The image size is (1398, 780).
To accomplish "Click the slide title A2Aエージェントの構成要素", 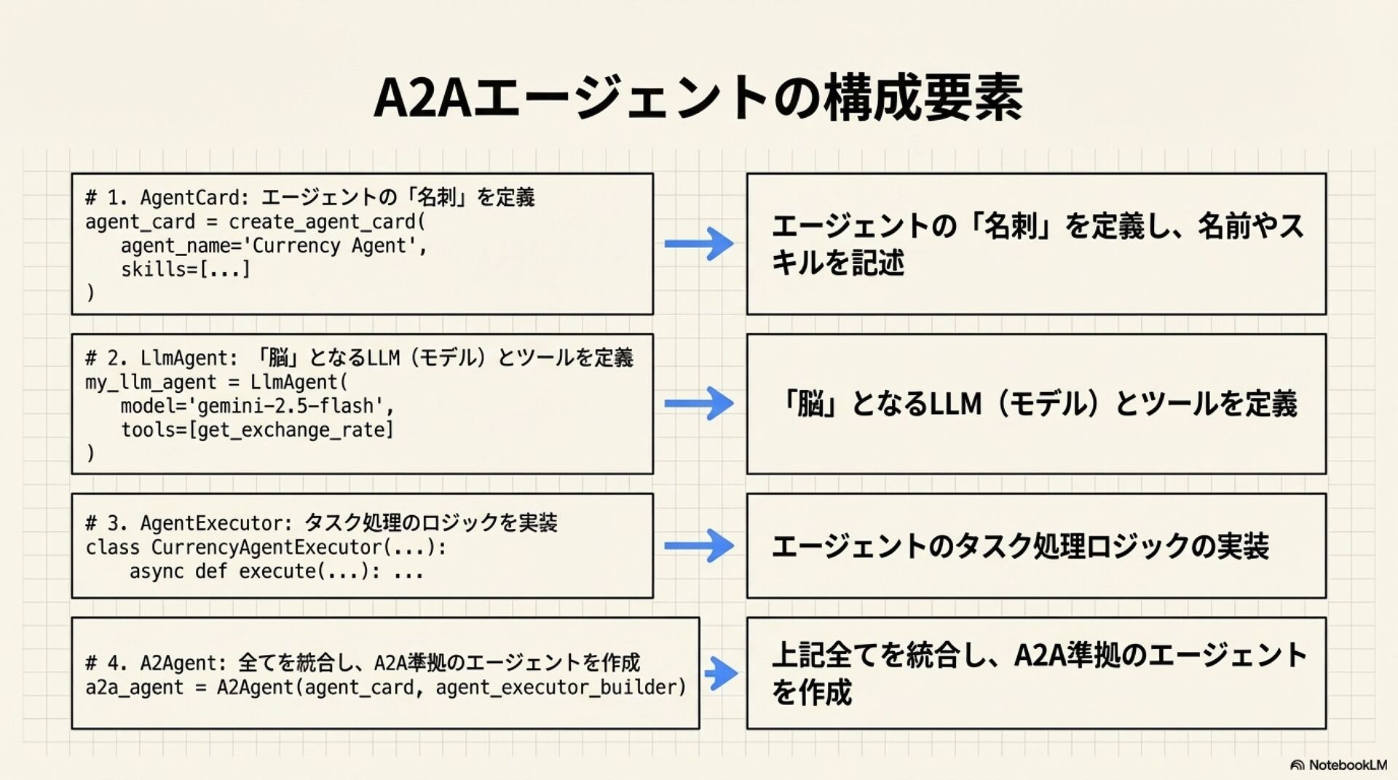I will click(698, 97).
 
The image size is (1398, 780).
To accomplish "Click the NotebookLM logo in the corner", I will click(1338, 765).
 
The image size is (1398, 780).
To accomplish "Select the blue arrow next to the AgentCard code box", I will click(699, 244).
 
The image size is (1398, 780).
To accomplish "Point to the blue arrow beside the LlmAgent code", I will click(699, 404).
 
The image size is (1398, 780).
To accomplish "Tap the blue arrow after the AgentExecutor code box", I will click(699, 546).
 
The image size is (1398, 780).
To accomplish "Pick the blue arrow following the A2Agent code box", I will click(722, 673).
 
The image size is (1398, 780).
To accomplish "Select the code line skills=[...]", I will click(185, 270).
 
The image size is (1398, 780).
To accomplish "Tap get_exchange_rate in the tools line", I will click(291, 430).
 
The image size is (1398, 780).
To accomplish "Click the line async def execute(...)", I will click(276, 571).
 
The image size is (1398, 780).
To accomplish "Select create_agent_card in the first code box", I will click(321, 222).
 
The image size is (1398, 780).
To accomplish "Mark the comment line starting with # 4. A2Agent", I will click(362, 663).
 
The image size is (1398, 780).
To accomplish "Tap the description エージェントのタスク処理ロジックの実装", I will click(1019, 546).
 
